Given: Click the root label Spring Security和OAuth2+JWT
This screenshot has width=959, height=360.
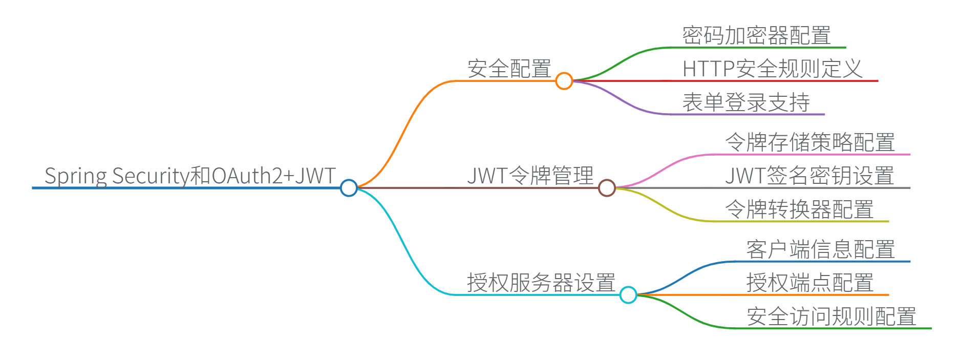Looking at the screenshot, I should coord(190,176).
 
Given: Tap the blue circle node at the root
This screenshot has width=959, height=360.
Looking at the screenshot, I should coord(349,188).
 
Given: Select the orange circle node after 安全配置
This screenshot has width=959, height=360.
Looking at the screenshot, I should coord(564,81).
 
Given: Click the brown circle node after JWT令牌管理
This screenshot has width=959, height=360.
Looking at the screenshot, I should coord(607,188).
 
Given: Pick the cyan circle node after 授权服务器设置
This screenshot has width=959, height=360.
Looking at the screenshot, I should coord(628,295).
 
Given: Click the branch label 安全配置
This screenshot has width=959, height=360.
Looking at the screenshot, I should coord(509,69).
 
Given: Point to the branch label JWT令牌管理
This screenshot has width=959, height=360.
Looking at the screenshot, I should coord(530,176).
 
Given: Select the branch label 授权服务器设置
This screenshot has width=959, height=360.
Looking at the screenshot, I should coord(541,283).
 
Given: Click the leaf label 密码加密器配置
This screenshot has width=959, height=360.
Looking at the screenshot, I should coord(756,35).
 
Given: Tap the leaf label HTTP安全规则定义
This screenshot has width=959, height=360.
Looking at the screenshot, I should coord(772,69).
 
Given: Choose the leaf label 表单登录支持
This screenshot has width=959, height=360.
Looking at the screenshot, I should coord(746,102).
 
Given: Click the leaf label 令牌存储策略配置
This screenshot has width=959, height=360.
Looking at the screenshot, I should coord(810,142).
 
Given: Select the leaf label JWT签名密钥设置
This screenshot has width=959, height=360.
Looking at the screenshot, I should coord(809,176).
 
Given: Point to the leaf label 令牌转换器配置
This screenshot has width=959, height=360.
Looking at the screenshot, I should coord(799,209).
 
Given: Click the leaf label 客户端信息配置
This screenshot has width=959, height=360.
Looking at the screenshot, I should coord(820,249).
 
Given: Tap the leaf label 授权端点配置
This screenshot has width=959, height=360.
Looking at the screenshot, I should coord(809,283).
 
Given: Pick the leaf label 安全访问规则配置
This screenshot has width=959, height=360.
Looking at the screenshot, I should coord(831,316).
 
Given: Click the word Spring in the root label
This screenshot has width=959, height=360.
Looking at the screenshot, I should coord(76,177).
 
